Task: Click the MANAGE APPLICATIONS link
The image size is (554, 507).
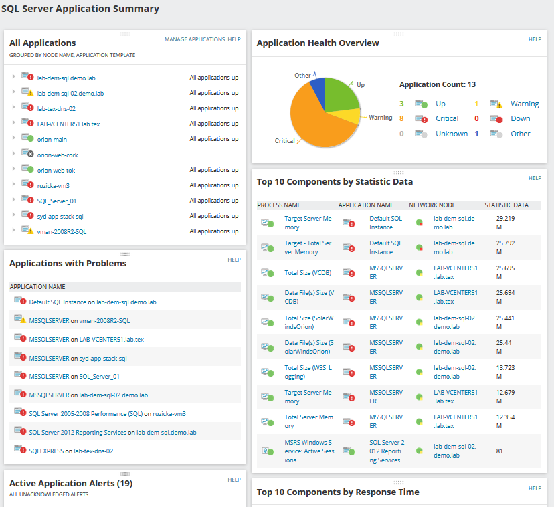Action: (195, 39)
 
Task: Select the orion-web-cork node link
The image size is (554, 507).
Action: (58, 155)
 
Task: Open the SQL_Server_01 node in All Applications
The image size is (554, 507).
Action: (56, 201)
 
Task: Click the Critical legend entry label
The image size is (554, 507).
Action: (447, 118)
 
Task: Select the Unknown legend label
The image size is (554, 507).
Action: (452, 134)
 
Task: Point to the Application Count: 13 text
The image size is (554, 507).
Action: (438, 84)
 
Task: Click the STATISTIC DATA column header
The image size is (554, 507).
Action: (506, 205)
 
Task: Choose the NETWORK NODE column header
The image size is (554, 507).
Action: (432, 205)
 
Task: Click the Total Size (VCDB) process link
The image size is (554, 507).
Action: (308, 273)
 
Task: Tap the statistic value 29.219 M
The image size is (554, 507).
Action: (505, 223)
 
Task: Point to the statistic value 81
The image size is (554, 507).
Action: (499, 451)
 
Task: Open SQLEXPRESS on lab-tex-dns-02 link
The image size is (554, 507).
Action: (71, 451)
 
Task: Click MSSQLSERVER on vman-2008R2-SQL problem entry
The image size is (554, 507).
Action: (80, 321)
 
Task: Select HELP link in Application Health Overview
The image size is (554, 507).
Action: (535, 39)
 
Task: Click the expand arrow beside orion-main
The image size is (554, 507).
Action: (13, 138)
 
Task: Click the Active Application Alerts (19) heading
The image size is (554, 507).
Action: (71, 483)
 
